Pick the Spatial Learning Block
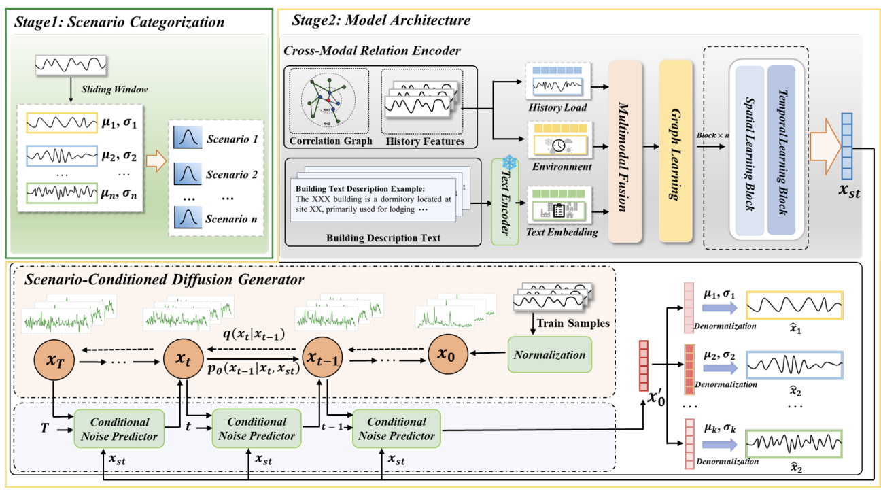(x=748, y=151)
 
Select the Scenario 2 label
(x=231, y=175)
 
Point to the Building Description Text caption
(x=385, y=238)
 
